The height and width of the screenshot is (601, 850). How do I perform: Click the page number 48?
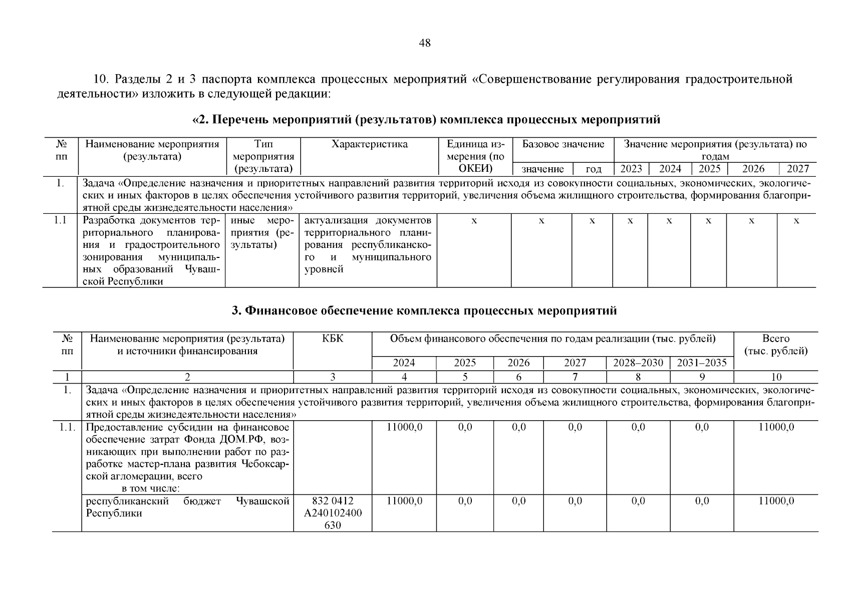coord(424,43)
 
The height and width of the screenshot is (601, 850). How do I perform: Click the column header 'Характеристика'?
coord(369,145)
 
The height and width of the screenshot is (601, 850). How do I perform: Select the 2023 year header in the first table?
coord(631,169)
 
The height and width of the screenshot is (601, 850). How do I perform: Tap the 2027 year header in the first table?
coord(797,169)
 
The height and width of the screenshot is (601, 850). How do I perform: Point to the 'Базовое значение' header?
coord(563,145)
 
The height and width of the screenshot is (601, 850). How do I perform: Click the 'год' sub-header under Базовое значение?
coord(593,169)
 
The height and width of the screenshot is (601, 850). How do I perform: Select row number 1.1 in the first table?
coord(61,220)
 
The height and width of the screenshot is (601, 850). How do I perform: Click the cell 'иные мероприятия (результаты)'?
coord(262,233)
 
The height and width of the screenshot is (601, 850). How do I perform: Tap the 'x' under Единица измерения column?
coord(474,221)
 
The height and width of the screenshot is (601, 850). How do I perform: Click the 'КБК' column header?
coord(333,339)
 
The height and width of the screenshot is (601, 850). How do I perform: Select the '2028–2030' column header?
coord(638,363)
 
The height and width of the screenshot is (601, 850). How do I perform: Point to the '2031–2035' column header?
coord(701,363)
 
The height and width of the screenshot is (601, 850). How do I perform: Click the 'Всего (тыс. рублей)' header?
coord(775,345)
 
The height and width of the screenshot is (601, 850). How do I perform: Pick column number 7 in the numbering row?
coord(575,377)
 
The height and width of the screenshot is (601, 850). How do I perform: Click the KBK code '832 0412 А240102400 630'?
coord(333,513)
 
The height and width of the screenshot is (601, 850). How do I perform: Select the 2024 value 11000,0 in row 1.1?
coord(404,427)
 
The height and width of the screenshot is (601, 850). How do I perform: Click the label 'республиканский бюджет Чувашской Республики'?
coord(187,507)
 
